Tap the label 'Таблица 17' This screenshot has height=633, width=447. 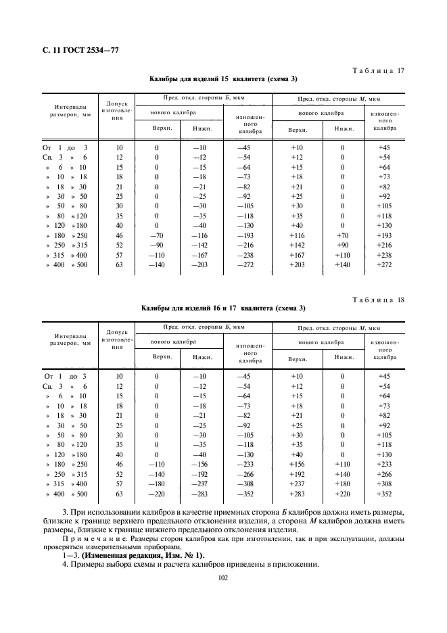click(379, 70)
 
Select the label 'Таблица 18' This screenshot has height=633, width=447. click(379, 299)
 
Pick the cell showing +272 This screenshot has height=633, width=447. click(384, 266)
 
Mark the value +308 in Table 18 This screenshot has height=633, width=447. click(384, 484)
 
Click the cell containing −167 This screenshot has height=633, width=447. click(199, 256)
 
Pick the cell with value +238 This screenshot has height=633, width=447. click(384, 256)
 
